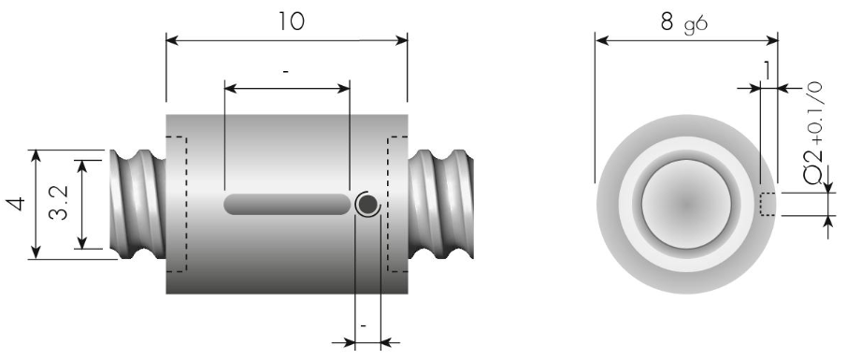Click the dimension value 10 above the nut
click(x=292, y=22)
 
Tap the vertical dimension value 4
click(x=16, y=203)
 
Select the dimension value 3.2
click(x=58, y=203)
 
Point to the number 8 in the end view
click(x=668, y=22)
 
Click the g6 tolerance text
click(x=696, y=25)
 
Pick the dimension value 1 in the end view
click(x=767, y=70)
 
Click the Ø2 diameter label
click(x=813, y=167)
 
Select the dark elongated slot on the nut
click(x=287, y=205)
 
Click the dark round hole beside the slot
click(x=367, y=205)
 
